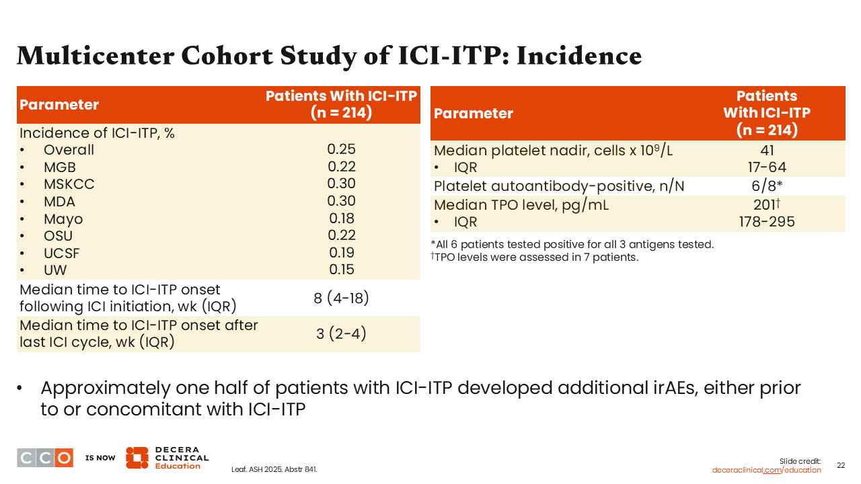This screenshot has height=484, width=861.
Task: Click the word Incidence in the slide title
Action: click(579, 56)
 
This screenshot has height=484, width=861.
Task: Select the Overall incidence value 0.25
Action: click(341, 149)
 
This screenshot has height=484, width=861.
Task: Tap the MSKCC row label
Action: click(69, 184)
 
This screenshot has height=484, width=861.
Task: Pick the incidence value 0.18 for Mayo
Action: click(341, 218)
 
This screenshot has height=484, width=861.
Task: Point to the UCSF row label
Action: click(61, 253)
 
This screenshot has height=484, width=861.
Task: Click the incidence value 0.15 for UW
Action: click(341, 270)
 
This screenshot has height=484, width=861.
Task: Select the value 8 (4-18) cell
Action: click(341, 298)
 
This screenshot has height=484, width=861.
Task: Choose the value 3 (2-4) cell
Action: click(341, 333)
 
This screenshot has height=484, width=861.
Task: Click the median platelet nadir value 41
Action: click(767, 150)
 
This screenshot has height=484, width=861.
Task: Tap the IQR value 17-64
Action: click(767, 167)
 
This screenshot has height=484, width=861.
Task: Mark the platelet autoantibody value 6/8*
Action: click(767, 186)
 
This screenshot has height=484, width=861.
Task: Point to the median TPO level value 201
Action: click(767, 204)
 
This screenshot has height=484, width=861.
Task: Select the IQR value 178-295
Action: click(767, 222)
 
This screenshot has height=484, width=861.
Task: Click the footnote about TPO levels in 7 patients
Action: click(535, 257)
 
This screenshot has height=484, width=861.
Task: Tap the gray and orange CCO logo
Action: click(45, 458)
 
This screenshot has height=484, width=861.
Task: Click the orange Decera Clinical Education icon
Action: click(137, 458)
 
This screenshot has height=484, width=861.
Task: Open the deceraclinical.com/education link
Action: click(766, 470)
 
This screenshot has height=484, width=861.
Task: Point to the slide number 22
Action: click(841, 465)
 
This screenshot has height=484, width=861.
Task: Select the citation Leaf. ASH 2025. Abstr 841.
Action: click(274, 469)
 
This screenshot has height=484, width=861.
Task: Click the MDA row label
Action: click(60, 202)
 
